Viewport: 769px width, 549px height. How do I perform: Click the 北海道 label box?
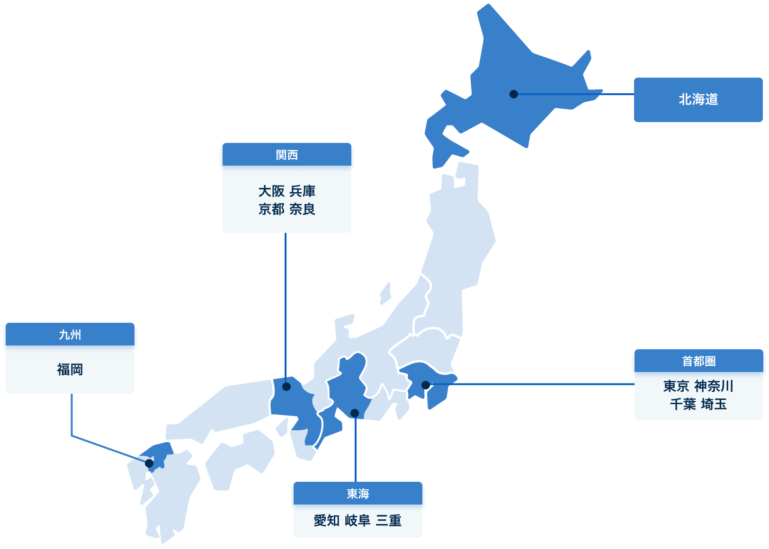pos(698,99)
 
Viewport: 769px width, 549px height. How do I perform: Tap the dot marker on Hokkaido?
pos(514,94)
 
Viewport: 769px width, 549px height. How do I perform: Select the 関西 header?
pos(286,155)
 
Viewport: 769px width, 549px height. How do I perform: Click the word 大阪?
pos(271,191)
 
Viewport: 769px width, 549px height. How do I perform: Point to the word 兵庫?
pos(303,191)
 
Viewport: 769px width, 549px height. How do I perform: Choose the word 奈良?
pos(303,209)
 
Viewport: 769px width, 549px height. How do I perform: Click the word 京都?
pos(271,209)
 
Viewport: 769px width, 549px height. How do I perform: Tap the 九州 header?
pos(70,335)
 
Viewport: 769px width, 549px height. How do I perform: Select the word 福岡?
pos(70,369)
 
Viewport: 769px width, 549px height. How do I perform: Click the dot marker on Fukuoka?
pos(149,463)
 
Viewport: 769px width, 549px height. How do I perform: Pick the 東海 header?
pos(358,494)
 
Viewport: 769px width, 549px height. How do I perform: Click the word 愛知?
pos(327,521)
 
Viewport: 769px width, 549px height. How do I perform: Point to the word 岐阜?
pos(358,521)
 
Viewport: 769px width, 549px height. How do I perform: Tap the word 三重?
pos(389,521)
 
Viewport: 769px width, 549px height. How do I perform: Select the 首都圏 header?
pos(698,361)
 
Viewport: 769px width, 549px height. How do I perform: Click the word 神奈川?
pos(714,386)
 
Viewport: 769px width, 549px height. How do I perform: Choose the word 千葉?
pos(683,404)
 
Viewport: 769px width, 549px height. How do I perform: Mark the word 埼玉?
pos(714,404)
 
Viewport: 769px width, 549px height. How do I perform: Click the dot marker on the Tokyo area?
pos(426,385)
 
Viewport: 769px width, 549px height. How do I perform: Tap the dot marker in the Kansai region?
pos(286,387)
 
